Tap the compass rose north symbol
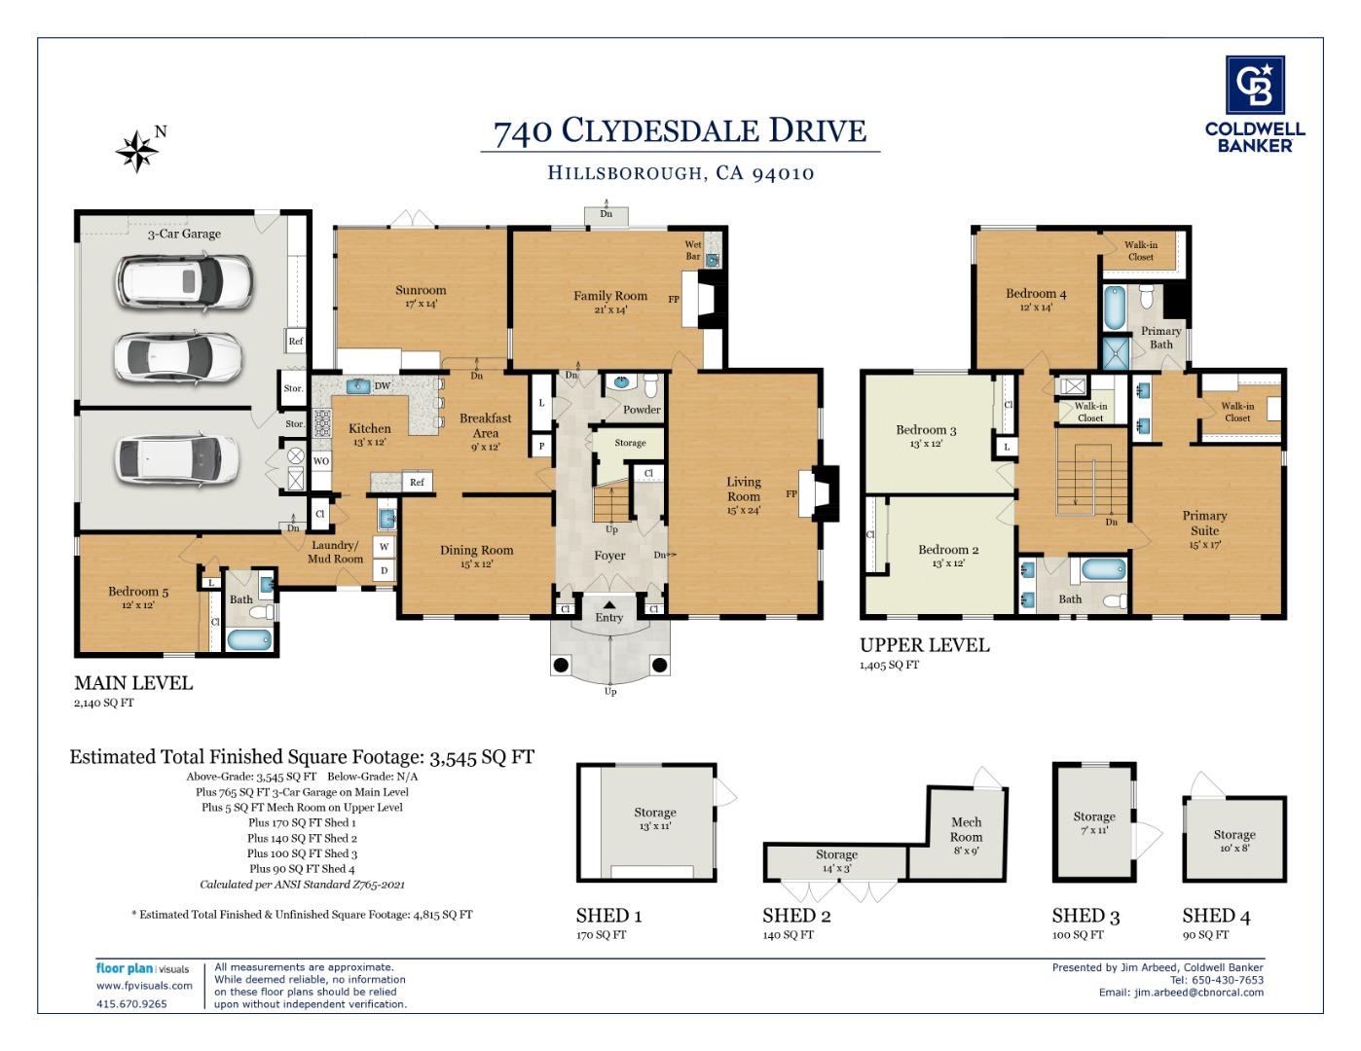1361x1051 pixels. (x=138, y=151)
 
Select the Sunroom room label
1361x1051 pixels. (x=421, y=290)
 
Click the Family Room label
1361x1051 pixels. (x=609, y=296)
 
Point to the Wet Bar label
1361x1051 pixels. (x=693, y=250)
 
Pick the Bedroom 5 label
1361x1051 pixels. (x=138, y=592)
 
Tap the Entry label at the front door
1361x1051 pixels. (x=609, y=618)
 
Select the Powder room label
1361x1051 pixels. (x=642, y=410)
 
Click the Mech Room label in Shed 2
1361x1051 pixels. (x=966, y=829)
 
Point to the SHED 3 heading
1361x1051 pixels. (x=1085, y=916)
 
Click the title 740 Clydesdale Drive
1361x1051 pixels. (x=680, y=131)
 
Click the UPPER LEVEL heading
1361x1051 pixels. (x=924, y=645)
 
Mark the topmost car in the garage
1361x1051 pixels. (x=184, y=281)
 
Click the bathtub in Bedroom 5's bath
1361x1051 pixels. (x=250, y=639)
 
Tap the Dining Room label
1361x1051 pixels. (x=476, y=551)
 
